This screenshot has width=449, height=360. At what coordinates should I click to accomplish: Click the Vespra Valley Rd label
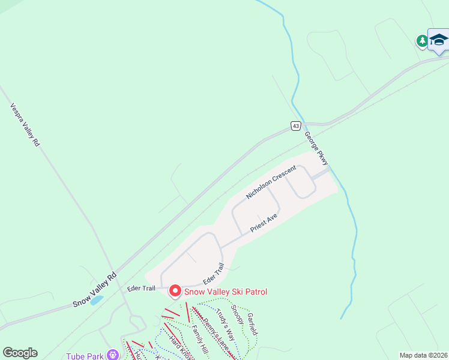pos(25,125)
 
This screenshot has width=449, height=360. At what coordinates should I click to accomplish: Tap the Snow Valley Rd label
pos(94,290)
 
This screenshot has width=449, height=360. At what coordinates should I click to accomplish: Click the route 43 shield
pos(295,125)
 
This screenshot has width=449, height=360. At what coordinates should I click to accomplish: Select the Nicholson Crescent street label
pos(271,182)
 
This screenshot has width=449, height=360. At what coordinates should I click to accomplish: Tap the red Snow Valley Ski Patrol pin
pos(175,291)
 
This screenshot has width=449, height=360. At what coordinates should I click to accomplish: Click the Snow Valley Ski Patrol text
pos(224,292)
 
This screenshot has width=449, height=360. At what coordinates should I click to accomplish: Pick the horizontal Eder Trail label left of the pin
pos(141,288)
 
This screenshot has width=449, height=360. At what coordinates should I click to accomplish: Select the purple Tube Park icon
pos(111,354)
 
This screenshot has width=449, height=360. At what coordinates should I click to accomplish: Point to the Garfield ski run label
pos(252,323)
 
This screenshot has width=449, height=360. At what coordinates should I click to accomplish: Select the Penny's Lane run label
pos(213,332)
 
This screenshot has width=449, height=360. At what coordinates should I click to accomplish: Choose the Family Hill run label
pos(199,338)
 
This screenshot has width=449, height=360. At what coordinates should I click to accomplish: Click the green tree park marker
pos(422,41)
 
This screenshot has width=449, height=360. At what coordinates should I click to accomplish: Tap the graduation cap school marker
pos(439,40)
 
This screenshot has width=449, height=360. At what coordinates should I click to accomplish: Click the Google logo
pos(20,353)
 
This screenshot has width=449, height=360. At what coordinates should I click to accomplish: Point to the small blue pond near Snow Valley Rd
pos(96,299)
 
